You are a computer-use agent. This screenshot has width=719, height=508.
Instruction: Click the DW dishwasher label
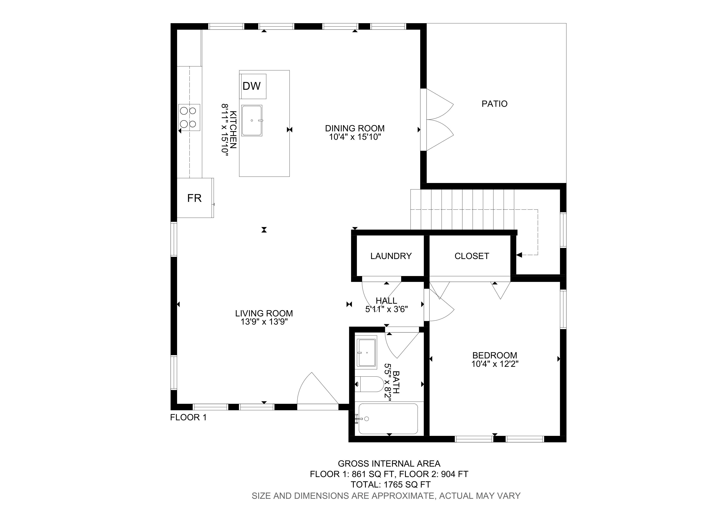(251, 86)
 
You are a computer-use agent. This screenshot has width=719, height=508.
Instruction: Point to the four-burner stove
(189, 117)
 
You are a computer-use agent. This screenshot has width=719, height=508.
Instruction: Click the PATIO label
(495, 104)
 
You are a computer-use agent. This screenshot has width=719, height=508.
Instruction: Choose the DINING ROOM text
(355, 128)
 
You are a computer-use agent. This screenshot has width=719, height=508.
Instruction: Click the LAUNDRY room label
(391, 256)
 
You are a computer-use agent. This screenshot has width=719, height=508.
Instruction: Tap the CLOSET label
(472, 256)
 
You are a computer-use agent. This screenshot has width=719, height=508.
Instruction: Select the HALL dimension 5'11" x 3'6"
(386, 309)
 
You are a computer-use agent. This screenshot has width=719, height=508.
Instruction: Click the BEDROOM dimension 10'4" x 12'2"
(495, 364)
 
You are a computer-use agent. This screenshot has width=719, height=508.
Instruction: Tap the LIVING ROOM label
(264, 313)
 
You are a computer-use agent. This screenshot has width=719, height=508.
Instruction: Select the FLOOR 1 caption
(188, 417)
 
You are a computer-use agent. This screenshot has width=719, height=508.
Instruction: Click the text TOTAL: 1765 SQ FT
(390, 484)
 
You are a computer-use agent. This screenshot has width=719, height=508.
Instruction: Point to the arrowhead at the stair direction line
(519, 255)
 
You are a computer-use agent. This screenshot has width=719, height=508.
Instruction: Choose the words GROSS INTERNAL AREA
(389, 464)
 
